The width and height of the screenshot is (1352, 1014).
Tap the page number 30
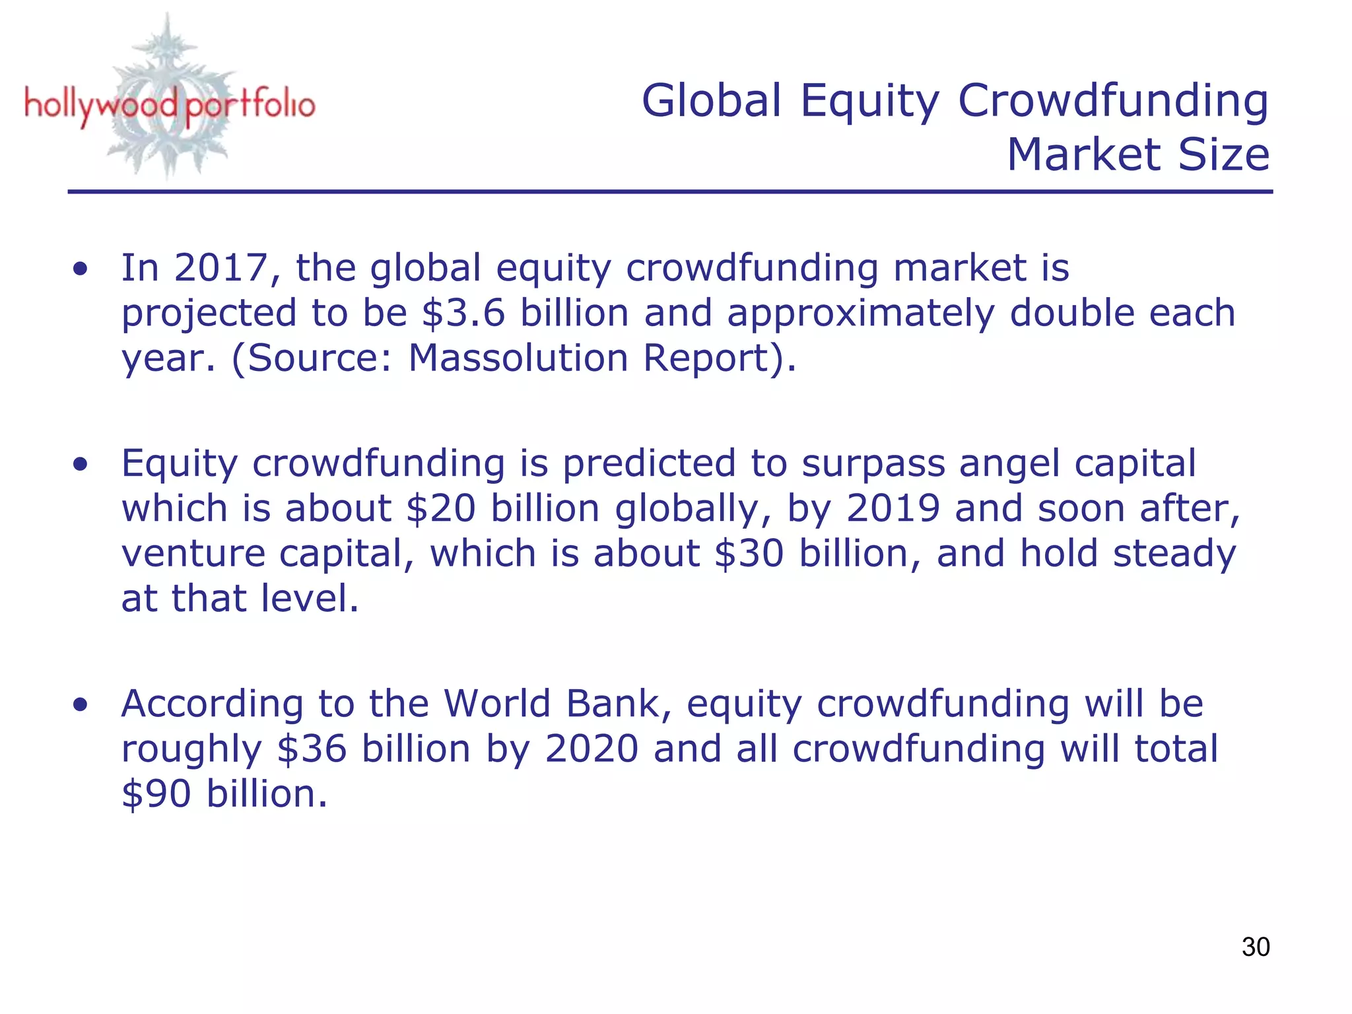[x=1255, y=947]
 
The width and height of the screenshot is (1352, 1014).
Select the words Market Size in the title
[x=1138, y=155]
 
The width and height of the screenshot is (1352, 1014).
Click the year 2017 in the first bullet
[x=220, y=268]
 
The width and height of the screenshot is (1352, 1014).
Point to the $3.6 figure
[x=463, y=313]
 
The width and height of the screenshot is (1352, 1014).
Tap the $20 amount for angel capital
[x=441, y=509]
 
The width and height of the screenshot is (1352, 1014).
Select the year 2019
[x=893, y=509]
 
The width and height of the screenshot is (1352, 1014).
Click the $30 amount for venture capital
[x=749, y=554]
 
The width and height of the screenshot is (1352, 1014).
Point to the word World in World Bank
[x=496, y=704]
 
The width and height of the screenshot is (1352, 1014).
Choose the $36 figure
[x=312, y=749]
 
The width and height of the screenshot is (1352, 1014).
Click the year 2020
[x=591, y=749]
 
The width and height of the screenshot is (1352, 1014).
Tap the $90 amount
[x=156, y=794]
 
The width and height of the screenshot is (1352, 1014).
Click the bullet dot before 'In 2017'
[x=81, y=269]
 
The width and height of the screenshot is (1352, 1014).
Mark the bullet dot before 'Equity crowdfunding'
[x=81, y=465]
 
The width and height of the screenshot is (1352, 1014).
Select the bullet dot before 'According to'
[x=81, y=705]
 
